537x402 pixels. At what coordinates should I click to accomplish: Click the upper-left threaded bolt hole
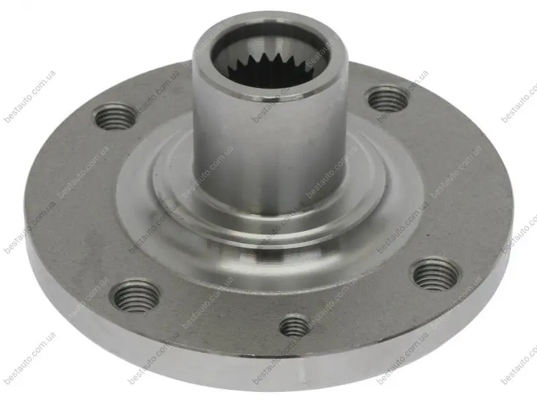(115, 117)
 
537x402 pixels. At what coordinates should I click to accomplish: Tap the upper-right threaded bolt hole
(388, 99)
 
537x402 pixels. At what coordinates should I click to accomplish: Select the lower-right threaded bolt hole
(436, 274)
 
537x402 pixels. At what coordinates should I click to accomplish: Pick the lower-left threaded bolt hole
(135, 295)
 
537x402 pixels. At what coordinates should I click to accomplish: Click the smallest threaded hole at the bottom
(294, 325)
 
